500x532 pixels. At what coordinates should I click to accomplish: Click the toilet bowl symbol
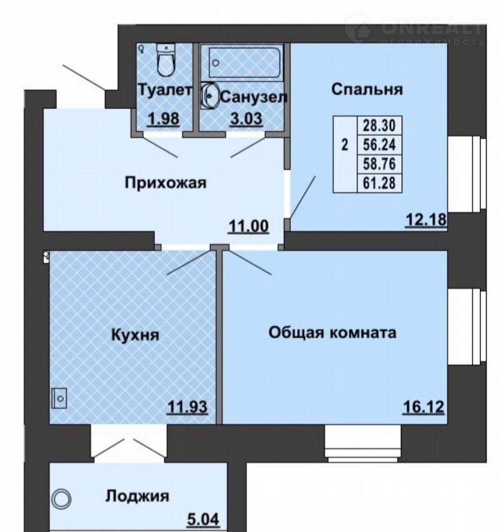[166, 60]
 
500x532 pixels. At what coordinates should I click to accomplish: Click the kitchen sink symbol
[59, 398]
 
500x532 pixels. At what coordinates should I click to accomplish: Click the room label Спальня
[367, 90]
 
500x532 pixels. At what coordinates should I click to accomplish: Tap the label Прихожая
[165, 183]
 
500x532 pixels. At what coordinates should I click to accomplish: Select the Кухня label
[136, 335]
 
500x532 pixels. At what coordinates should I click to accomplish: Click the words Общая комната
[332, 333]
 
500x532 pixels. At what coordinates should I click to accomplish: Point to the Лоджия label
[137, 496]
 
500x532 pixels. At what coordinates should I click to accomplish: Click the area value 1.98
[164, 119]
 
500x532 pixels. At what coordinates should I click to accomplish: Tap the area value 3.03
[246, 119]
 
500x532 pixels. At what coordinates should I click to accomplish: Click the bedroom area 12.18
[426, 219]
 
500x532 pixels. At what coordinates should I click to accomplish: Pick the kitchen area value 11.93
[187, 407]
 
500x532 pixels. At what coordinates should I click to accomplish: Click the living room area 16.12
[423, 407]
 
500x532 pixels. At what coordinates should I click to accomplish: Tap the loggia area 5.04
[203, 520]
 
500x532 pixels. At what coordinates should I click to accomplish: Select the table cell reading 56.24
[380, 145]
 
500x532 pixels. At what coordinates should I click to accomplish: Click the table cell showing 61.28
[380, 183]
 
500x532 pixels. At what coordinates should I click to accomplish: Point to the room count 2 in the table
[345, 145]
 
